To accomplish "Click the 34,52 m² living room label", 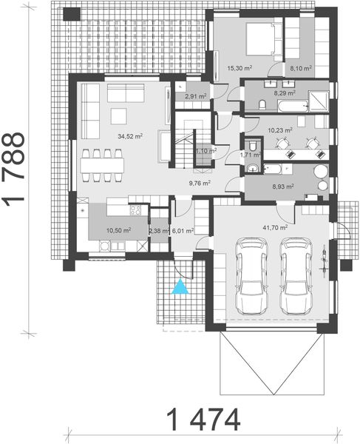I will click(x=130, y=136).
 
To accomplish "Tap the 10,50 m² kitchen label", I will click(x=118, y=230).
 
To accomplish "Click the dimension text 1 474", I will click(x=203, y=420).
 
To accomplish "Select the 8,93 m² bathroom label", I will click(x=282, y=186).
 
